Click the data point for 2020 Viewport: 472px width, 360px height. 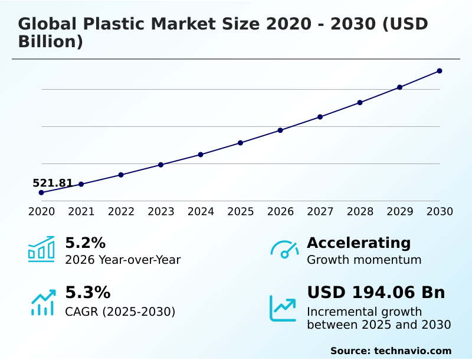[x=41, y=192]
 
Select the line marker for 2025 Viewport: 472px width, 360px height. [x=241, y=143]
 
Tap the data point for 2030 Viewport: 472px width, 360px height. [x=440, y=71]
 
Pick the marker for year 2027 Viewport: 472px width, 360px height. [x=320, y=117]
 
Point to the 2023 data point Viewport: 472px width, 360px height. [x=161, y=165]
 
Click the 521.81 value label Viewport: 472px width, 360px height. [x=53, y=183]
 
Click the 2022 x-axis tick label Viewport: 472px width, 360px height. [x=121, y=212]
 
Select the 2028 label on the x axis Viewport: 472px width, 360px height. [x=360, y=212]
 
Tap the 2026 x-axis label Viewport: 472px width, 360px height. [x=280, y=212]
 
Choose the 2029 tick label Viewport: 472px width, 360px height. [x=400, y=212]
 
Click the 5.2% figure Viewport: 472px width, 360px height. [x=85, y=243]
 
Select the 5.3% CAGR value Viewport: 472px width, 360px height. [x=87, y=292]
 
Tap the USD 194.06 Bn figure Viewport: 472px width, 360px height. [x=376, y=292]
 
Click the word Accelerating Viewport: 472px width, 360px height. [x=359, y=243]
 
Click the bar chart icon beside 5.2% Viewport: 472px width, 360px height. [x=41, y=249]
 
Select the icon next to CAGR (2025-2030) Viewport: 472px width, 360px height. [x=42, y=303]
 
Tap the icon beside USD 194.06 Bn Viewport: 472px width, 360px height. [x=283, y=308]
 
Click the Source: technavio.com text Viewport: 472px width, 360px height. [x=391, y=351]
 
